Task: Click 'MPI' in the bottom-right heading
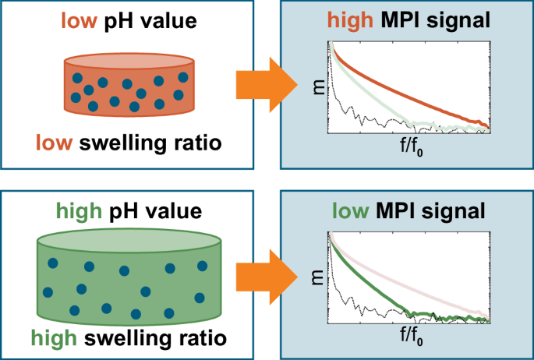(408, 210)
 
